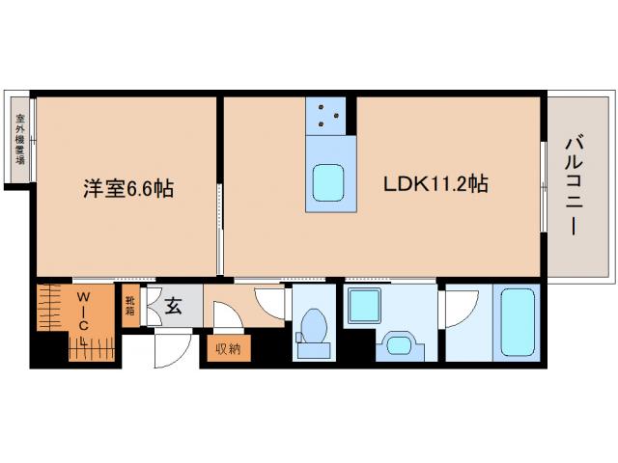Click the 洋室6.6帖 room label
[x=126, y=189]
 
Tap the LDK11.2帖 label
[x=435, y=184]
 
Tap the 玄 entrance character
[x=174, y=308]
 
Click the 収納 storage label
[x=228, y=348]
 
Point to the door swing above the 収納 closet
[x=227, y=317]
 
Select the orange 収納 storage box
[x=228, y=348]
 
